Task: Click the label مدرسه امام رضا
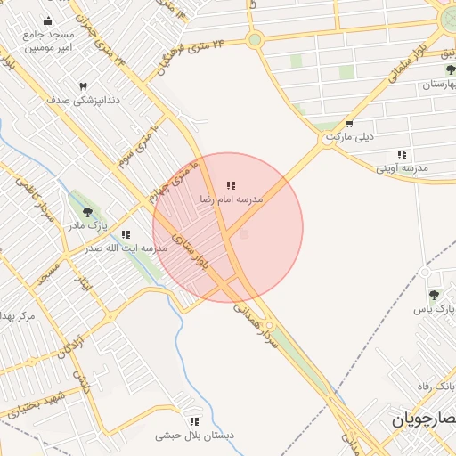232,200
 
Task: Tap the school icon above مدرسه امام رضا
231,185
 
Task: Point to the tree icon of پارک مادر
87,212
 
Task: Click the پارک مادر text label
86,226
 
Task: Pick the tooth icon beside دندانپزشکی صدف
84,86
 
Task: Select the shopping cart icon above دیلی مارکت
349,125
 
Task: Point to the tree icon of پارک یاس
434,295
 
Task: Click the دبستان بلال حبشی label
194,436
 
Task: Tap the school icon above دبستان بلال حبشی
193,421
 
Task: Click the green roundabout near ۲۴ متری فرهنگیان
255,39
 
